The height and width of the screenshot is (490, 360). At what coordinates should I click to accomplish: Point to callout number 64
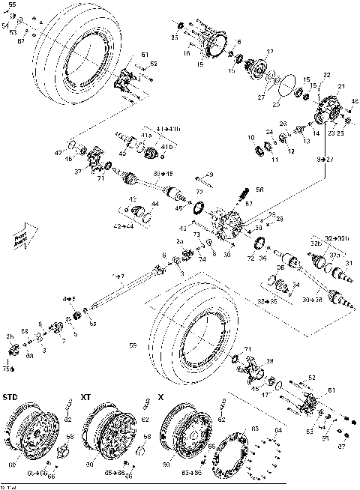277,429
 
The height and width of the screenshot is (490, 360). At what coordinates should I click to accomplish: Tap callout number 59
133,346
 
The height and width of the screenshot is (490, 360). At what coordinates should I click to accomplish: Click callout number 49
209,175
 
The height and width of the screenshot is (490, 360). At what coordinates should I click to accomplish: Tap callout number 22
327,75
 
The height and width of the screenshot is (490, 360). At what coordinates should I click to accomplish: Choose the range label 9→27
324,158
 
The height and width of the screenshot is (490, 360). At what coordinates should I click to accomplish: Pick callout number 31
347,263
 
